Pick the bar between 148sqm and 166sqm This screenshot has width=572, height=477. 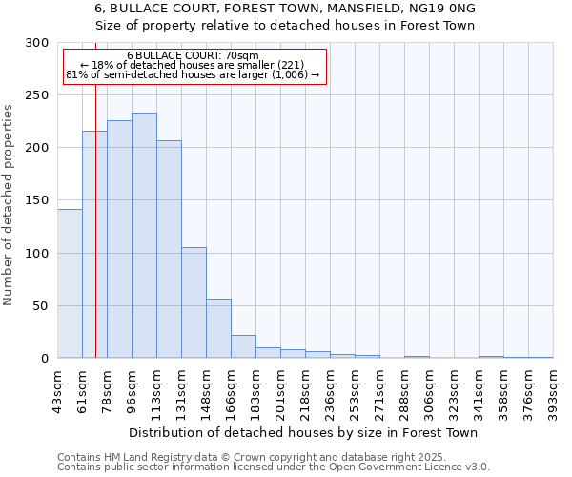(218, 328)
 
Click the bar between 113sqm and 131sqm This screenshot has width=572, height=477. (169, 249)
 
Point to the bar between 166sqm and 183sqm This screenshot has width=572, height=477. (243, 346)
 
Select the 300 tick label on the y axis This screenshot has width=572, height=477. (37, 43)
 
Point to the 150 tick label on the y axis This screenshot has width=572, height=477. (37, 201)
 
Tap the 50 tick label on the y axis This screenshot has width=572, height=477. (41, 306)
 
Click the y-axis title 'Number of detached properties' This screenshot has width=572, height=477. (9, 201)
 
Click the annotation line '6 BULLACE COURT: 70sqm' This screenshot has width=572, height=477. (193, 56)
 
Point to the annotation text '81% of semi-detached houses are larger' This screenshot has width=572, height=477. (193, 74)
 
